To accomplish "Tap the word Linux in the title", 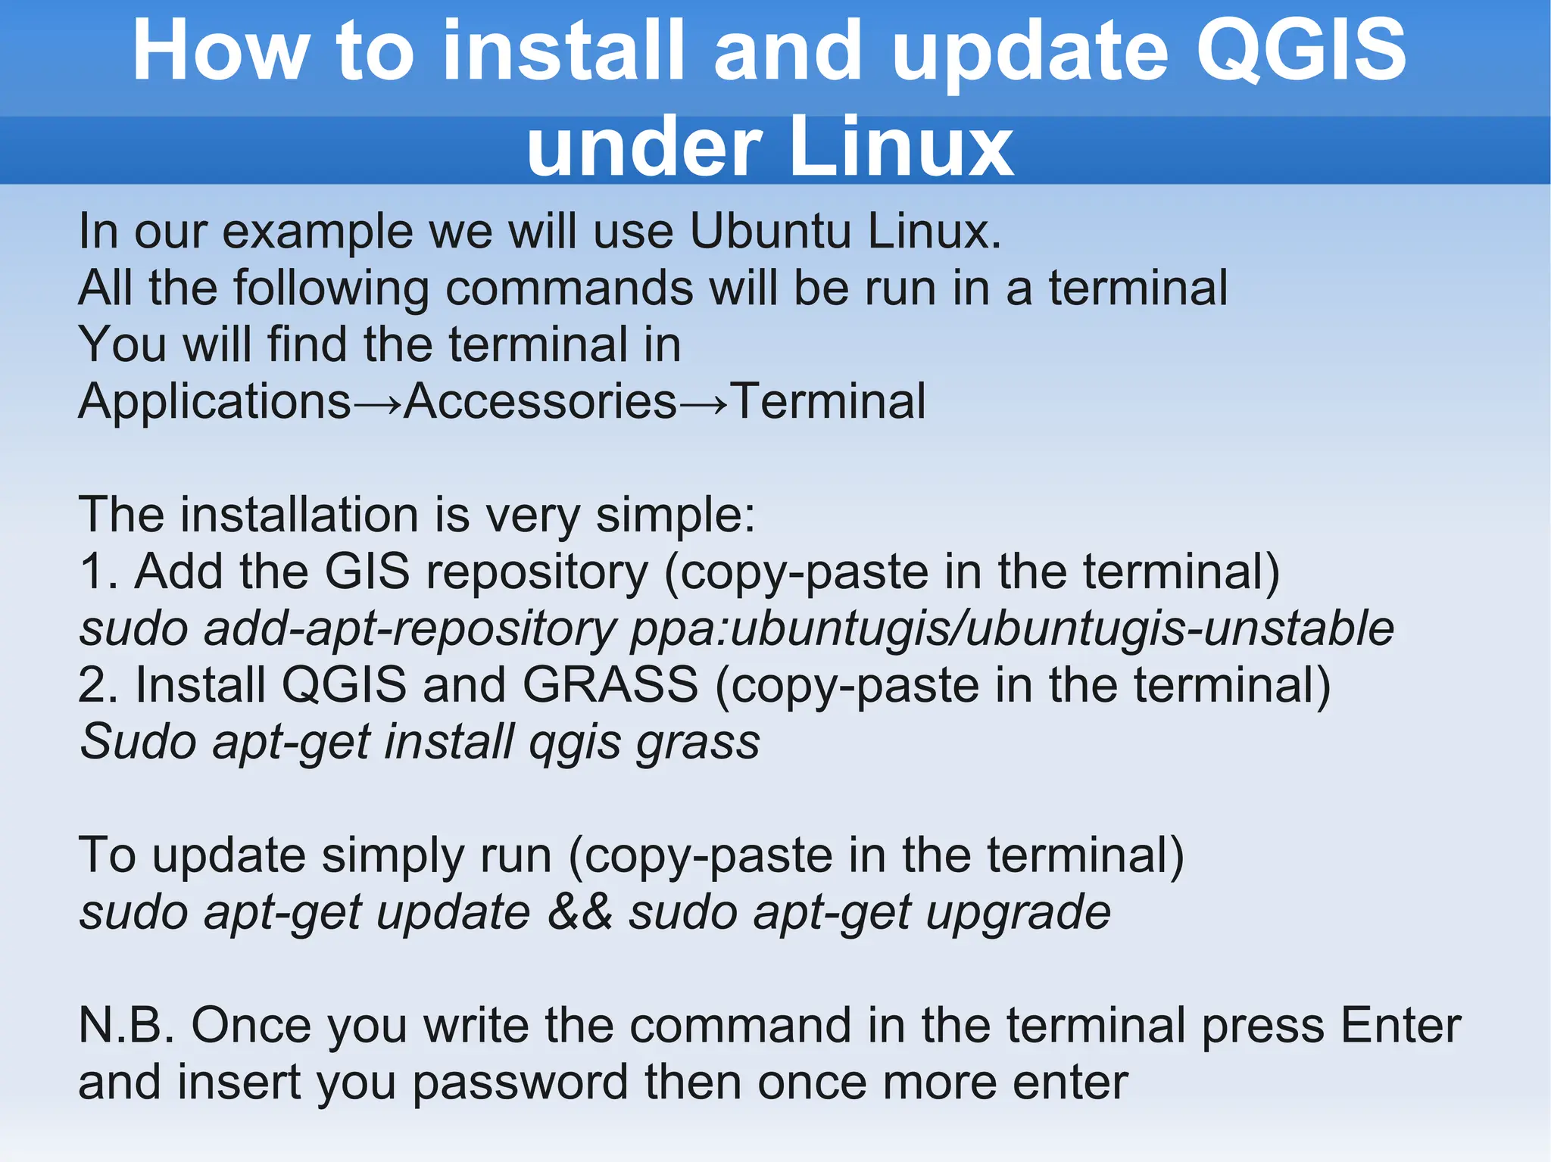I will [x=900, y=148].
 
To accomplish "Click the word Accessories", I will [x=540, y=401].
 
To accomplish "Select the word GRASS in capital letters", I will [x=610, y=685].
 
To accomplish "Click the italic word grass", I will [x=697, y=743].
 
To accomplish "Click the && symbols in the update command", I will [x=580, y=912].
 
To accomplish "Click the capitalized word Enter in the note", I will [x=1400, y=1026].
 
